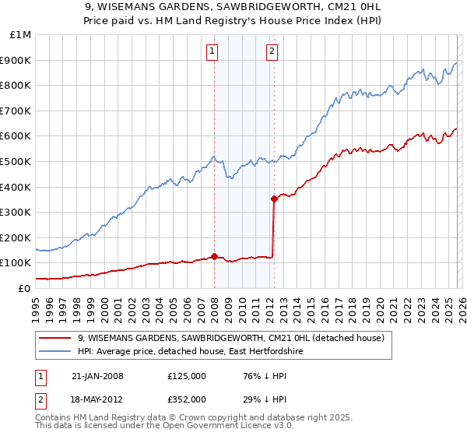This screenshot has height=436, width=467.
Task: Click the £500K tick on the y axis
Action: click(16, 161)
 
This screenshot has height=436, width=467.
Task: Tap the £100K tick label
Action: click(16, 263)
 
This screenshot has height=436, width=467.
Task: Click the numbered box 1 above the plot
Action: click(212, 52)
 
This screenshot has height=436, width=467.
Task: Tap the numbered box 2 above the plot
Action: click(272, 52)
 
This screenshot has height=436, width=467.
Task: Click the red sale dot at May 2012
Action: click(274, 199)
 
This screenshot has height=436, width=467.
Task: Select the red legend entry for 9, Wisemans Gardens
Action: click(231, 339)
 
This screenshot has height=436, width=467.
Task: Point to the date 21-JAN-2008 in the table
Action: click(97, 376)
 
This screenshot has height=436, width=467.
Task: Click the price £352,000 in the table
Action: click(186, 399)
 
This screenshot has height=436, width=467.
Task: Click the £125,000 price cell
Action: click(186, 376)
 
